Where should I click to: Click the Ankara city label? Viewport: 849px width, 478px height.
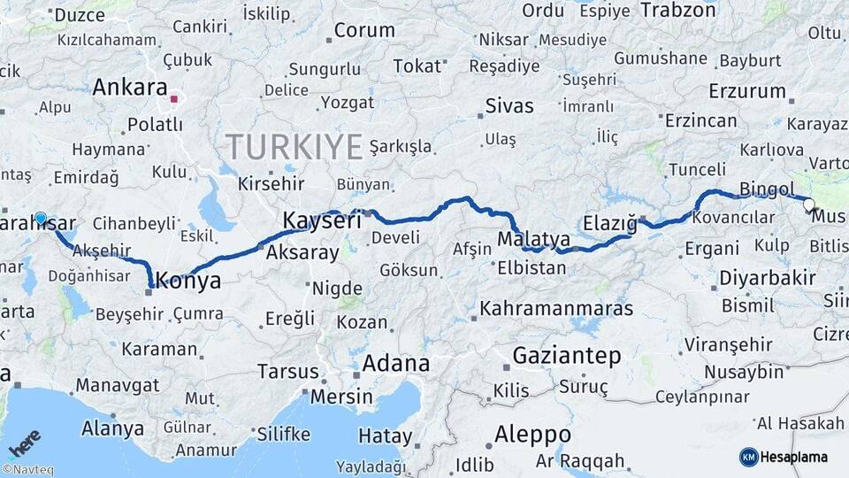129,88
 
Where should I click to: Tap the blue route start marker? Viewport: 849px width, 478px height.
41,218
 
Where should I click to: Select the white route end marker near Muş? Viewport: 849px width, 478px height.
808,205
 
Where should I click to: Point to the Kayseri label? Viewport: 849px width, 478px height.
321,220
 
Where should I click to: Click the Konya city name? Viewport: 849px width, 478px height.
188,281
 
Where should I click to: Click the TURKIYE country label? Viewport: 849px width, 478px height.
294,146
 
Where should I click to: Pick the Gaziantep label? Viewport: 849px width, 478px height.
567,356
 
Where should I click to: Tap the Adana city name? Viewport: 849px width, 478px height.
395,363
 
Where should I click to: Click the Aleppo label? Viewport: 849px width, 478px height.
532,435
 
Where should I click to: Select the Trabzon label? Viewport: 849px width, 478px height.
677,11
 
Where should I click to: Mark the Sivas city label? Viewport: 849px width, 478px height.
509,106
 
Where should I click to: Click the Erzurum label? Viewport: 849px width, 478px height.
747,91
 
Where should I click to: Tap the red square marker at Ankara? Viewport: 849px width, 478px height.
174,99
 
